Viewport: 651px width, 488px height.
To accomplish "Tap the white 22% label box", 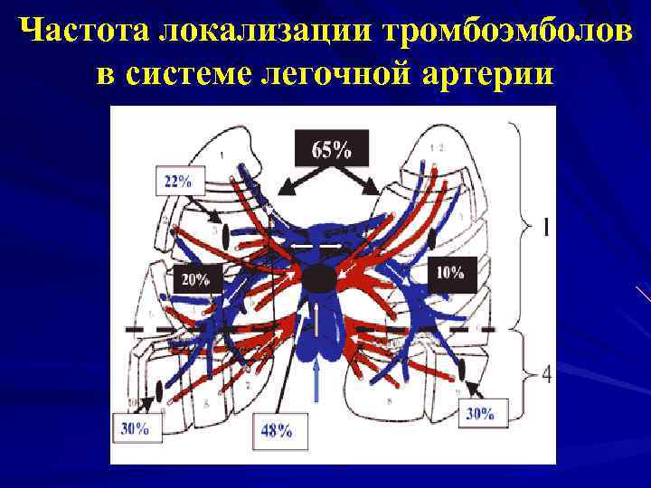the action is [179, 181].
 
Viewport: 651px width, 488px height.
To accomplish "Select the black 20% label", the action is [194, 279].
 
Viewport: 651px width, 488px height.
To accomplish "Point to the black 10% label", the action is [449, 271].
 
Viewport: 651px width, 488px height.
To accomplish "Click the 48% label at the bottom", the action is [276, 430].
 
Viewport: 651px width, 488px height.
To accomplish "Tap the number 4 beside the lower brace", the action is [546, 373].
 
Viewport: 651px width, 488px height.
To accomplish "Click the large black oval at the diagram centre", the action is [318, 279].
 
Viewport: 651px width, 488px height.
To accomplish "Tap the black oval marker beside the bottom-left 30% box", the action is [161, 390].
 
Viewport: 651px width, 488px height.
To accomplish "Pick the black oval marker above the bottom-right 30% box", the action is [462, 370].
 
